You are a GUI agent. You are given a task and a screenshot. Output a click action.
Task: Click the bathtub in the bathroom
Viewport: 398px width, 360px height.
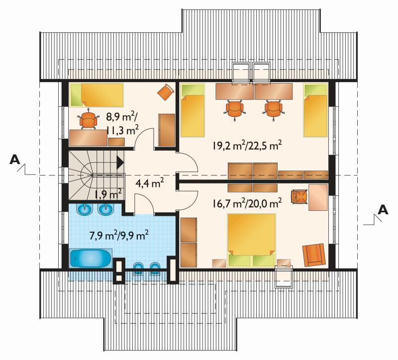91,258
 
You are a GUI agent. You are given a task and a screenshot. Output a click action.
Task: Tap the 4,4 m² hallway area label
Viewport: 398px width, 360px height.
150,182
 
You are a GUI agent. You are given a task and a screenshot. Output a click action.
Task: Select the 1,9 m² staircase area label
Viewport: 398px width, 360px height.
108,194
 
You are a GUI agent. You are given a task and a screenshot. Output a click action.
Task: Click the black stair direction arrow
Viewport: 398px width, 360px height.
120,162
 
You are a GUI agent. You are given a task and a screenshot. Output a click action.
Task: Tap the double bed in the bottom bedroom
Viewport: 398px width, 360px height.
251,240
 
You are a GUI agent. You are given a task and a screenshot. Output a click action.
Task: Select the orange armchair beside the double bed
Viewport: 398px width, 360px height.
314,255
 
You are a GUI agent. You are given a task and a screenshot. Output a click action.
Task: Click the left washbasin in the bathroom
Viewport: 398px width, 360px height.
84,209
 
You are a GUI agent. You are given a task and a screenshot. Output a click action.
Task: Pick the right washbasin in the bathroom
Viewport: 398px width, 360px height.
105,209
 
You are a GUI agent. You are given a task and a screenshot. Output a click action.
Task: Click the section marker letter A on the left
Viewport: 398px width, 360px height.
14,160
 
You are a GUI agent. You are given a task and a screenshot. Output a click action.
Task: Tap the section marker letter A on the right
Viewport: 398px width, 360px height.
383,210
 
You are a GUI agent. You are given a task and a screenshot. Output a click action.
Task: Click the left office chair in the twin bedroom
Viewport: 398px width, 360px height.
235,109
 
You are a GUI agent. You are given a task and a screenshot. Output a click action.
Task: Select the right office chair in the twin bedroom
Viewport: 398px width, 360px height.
273,109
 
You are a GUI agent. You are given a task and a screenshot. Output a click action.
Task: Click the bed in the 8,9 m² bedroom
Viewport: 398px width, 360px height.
96,94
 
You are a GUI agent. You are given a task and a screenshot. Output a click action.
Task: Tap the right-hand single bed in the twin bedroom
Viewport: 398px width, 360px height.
315,110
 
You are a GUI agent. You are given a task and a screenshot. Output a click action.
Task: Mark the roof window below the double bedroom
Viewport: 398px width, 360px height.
284,277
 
